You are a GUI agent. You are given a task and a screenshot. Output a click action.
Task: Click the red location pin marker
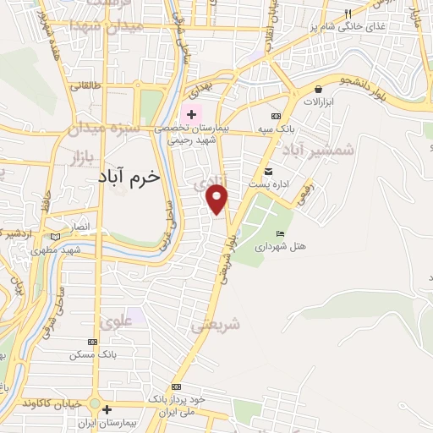[217, 200]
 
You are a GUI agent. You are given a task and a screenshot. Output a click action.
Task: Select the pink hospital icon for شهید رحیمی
[192, 114]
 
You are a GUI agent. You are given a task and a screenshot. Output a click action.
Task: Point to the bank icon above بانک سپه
[276, 117]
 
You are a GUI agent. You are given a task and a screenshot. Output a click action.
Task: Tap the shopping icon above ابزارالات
[318, 89]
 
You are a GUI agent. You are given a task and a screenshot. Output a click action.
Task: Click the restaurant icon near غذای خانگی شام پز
[348, 14]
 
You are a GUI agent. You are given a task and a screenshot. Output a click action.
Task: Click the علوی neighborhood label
[116, 321]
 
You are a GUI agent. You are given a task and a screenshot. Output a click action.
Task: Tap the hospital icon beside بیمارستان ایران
[107, 410]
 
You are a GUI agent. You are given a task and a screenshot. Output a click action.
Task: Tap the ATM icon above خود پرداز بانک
[176, 386]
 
